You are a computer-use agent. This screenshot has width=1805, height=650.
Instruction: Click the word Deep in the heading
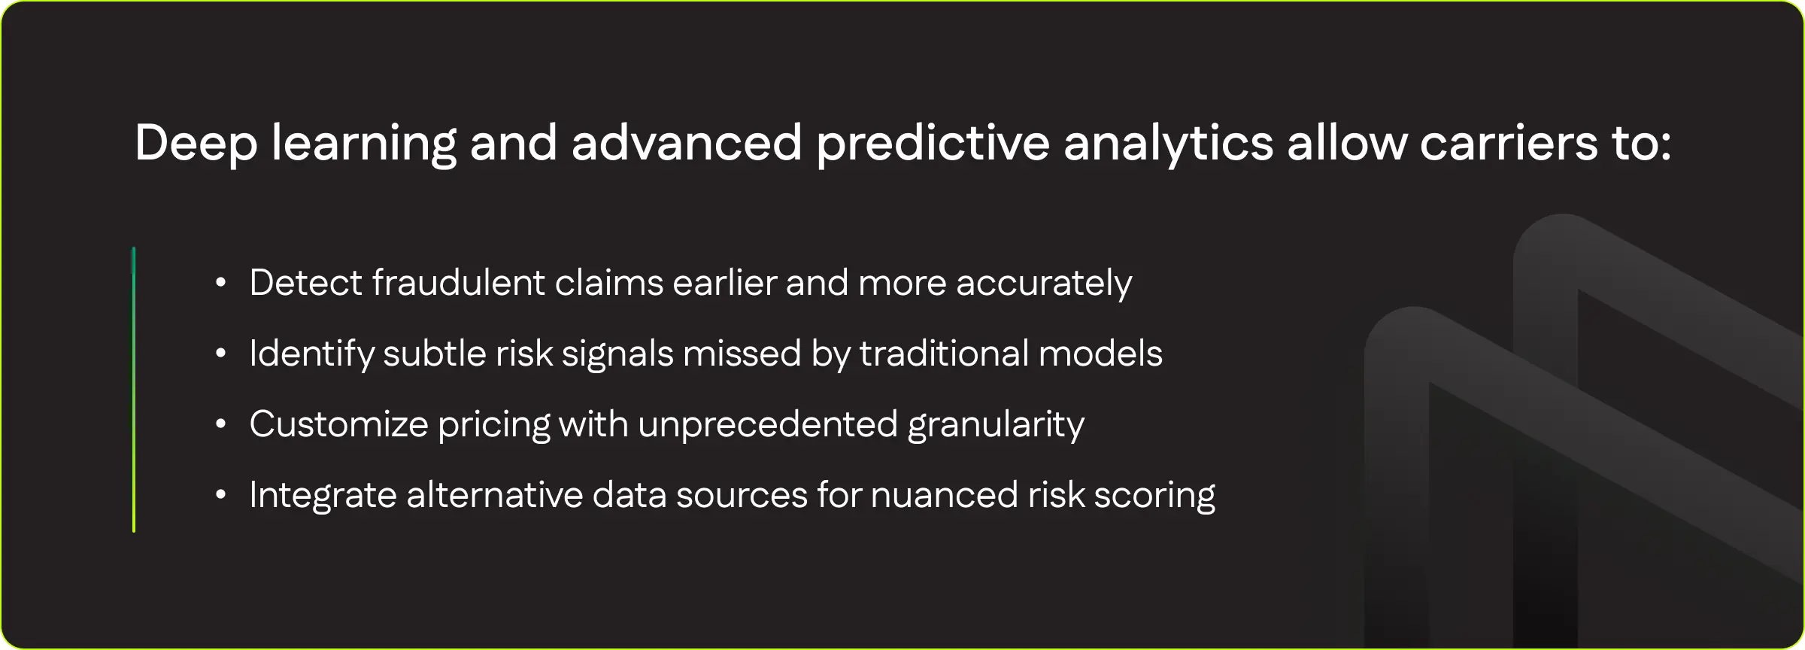[196, 143]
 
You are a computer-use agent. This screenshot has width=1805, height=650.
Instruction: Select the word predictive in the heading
[933, 143]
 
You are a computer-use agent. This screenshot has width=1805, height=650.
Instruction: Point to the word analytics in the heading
[1169, 143]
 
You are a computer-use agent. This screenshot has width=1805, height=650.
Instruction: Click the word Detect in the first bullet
[305, 283]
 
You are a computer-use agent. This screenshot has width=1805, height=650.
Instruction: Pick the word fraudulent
[459, 283]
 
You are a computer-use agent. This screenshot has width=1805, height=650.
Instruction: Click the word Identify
[311, 354]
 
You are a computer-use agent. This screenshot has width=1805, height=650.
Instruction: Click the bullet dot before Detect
[220, 283]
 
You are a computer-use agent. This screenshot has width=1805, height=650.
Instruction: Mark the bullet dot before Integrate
[220, 495]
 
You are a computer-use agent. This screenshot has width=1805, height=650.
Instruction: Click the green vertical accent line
[134, 390]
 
